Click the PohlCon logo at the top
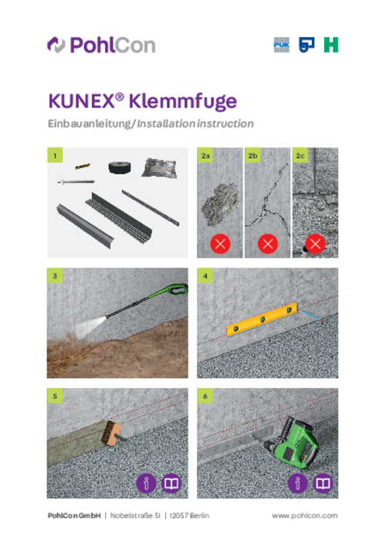tap(101, 45)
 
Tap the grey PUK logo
tap(282, 45)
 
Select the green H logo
tap(331, 45)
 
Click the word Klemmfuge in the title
tap(183, 101)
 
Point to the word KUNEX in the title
tap(82, 101)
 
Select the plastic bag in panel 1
tap(159, 168)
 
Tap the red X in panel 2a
tap(220, 244)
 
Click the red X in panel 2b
tap(268, 244)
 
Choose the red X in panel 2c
tap(315, 244)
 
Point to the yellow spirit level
tap(262, 319)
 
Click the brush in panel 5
tap(113, 433)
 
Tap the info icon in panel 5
tap(147, 483)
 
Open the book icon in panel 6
tap(323, 483)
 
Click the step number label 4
tap(205, 276)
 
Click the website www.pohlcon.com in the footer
tap(305, 515)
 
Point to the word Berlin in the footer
tap(199, 515)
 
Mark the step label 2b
tap(252, 155)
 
